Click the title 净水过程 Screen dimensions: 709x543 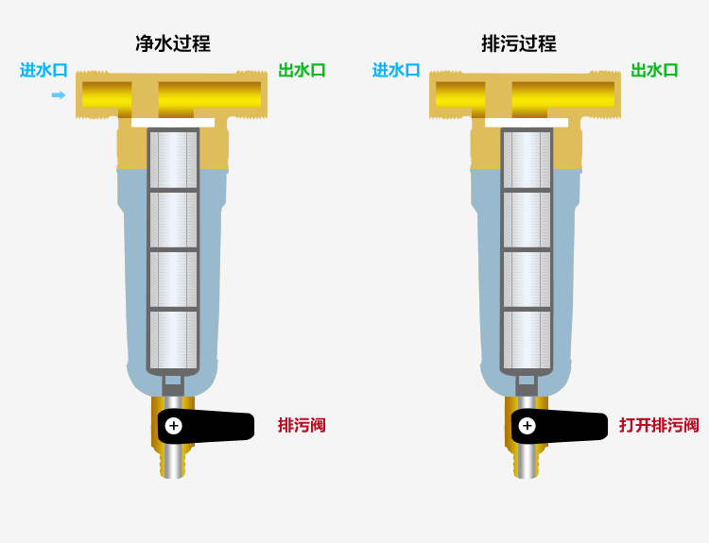[173, 43]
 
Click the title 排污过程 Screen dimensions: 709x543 [519, 43]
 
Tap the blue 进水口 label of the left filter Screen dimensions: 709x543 [43, 71]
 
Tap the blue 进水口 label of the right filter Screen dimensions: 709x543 [396, 71]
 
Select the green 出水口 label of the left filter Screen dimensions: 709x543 [302, 71]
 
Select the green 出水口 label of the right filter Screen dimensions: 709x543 [654, 71]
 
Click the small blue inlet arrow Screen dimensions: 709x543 [59, 94]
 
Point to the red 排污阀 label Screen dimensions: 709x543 [302, 426]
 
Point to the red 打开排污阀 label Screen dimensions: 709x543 [659, 426]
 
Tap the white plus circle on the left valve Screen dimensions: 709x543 [174, 426]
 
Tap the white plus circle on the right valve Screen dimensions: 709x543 [527, 426]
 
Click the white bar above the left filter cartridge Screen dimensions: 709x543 [173, 123]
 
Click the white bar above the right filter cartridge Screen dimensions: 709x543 [527, 123]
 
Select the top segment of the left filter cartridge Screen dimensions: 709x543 [174, 160]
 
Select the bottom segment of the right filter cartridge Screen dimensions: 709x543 [527, 340]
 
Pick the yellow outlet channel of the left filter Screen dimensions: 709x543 [209, 95]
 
